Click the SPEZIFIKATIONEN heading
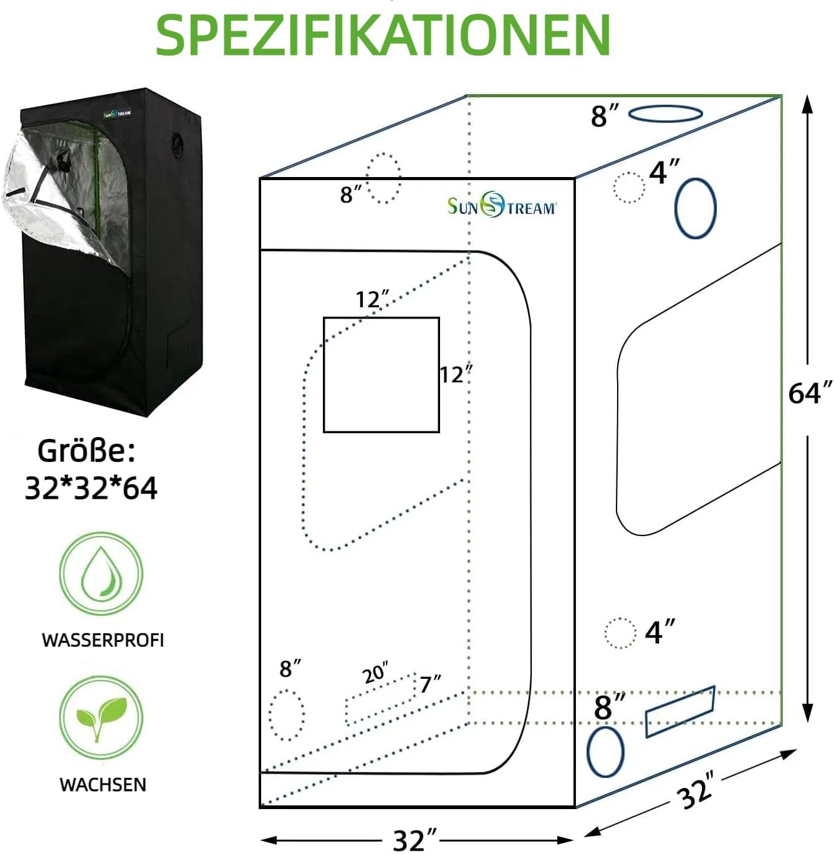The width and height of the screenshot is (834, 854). point(383,35)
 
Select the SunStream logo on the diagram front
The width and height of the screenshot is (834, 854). point(501,206)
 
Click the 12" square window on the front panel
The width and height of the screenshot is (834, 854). point(381,375)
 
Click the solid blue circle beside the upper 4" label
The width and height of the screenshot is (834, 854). point(695,208)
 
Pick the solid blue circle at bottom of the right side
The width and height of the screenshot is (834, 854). point(605,752)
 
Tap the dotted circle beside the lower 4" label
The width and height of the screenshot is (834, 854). point(620,633)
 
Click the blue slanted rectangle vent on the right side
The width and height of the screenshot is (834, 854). point(679,711)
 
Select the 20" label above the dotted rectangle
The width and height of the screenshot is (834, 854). point(375,673)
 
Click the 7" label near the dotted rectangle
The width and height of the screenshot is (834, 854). point(430,684)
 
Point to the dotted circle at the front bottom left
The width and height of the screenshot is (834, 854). point(287,715)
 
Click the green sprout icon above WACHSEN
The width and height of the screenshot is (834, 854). point(101,717)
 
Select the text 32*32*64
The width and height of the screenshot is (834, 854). point(91,488)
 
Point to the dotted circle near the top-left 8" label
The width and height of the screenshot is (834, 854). point(383,177)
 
